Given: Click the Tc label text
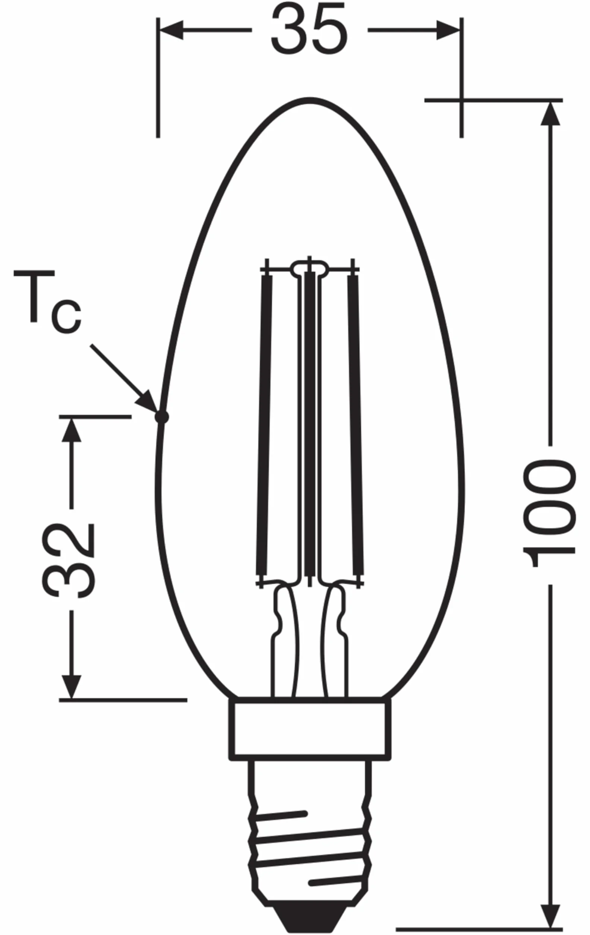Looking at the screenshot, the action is pyautogui.click(x=47, y=301).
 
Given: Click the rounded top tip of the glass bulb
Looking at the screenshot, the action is pyautogui.click(x=310, y=100).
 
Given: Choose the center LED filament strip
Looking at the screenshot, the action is pyautogui.click(x=310, y=425).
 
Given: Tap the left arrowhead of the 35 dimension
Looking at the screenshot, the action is pyautogui.click(x=171, y=29).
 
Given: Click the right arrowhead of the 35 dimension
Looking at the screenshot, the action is pyautogui.click(x=449, y=29).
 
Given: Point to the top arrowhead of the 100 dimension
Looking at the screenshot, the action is pyautogui.click(x=550, y=113).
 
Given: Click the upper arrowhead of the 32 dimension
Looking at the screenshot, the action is pyautogui.click(x=72, y=430).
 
